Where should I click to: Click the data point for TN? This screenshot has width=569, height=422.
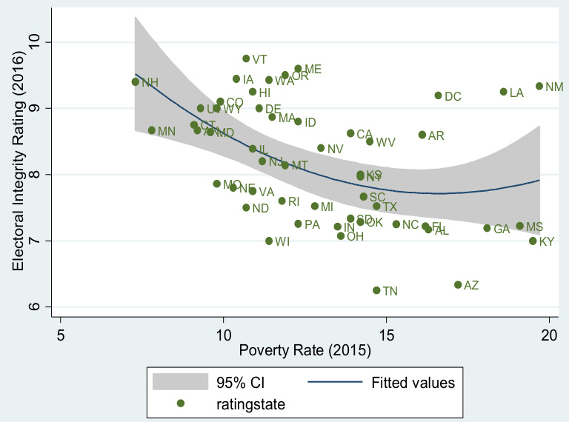coord(376,290)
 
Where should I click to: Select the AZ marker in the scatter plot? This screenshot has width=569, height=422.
coord(458,284)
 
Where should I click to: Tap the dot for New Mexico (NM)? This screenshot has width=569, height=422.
coord(539,86)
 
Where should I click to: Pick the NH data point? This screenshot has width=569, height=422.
coord(136,81)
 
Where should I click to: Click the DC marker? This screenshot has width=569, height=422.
coord(438,96)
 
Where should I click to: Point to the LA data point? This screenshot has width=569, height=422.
coord(504,92)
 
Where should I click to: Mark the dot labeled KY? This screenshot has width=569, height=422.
coord(533,241)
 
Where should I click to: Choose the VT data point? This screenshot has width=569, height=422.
coord(246,58)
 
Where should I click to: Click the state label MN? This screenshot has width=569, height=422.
coord(167,131)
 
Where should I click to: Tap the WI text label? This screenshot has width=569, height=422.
coord(282,241)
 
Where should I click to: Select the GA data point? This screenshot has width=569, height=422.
coord(487,228)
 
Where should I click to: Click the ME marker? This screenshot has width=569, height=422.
coord(298,68)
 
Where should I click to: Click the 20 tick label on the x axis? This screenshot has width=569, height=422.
coord(548,334)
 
